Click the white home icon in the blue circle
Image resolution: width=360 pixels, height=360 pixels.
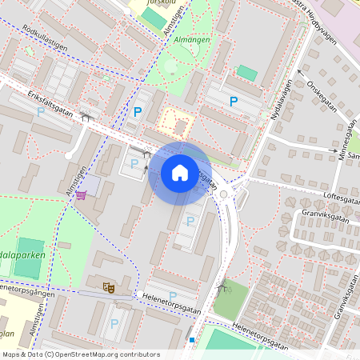coord(180,173)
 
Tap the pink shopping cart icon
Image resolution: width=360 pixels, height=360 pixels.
coord(82,196)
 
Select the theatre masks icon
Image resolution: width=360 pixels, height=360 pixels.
coord(109,285)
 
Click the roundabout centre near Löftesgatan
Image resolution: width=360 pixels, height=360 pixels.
coord(224,194)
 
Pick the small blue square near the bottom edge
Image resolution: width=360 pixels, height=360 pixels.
coord(192,340)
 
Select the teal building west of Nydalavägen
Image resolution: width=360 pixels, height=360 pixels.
coord(247,73)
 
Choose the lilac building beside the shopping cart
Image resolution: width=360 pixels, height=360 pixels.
coord(92,186)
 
